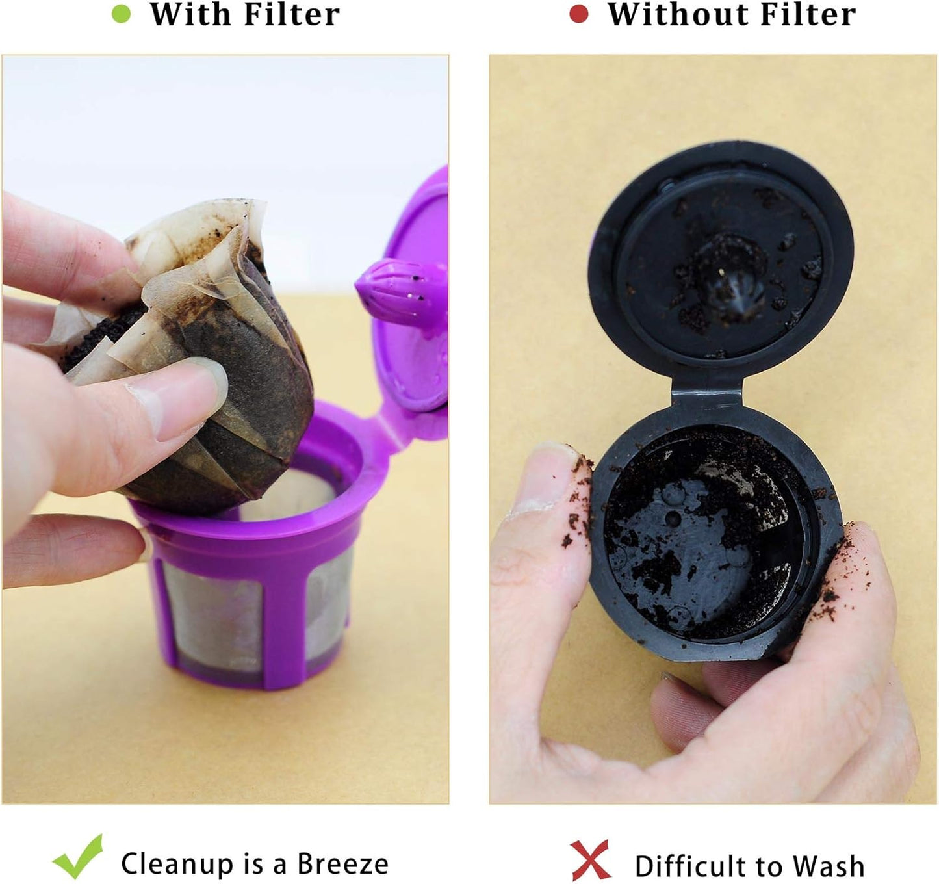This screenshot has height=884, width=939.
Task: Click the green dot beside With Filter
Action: tap(121, 14)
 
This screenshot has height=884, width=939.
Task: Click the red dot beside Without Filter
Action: tap(578, 14)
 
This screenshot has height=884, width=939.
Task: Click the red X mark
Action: tap(590, 860)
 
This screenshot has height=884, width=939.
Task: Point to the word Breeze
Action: tap(342, 864)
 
